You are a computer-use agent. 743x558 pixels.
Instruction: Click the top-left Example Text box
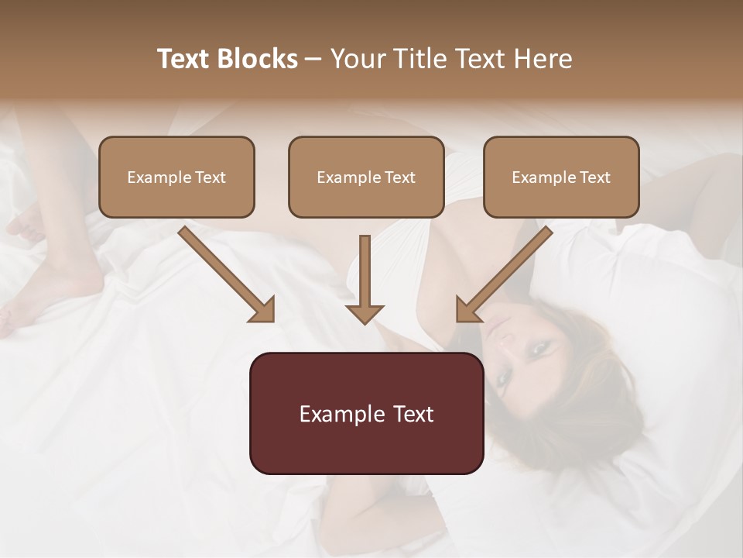(x=176, y=177)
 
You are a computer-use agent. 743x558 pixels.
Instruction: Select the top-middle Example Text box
(x=366, y=177)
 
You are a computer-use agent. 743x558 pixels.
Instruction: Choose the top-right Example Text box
(x=561, y=177)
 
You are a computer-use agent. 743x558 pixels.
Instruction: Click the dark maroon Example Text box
(x=366, y=413)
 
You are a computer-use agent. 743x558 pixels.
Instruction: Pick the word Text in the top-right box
(x=594, y=177)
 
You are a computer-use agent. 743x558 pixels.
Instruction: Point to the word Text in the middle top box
(x=399, y=177)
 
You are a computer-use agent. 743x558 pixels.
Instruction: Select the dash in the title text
(x=313, y=60)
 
